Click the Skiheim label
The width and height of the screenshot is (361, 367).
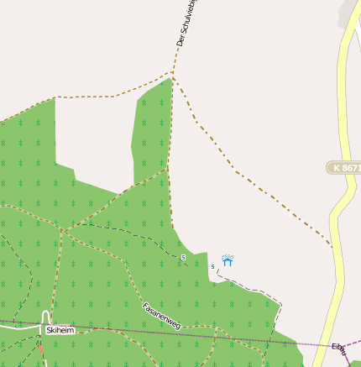coord(60,330)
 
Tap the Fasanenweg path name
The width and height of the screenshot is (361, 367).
coord(161,315)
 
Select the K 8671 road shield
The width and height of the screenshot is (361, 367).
coord(345,168)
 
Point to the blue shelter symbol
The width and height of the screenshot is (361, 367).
coord(228,261)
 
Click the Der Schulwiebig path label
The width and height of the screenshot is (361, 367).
coord(186,23)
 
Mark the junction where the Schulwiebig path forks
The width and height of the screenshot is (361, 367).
coord(172,74)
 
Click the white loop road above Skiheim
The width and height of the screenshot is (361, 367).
coord(47,316)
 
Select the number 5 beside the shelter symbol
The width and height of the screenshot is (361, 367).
coord(213,266)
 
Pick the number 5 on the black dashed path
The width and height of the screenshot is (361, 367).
coord(183,256)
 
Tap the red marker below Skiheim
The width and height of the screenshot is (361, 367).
coord(40,347)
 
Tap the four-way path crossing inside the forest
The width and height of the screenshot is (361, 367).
coord(63,229)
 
